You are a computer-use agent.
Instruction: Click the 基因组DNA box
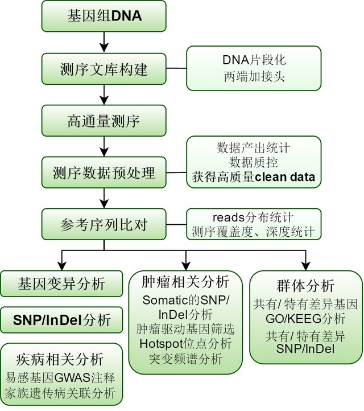[104, 17]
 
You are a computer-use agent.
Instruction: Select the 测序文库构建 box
[104, 69]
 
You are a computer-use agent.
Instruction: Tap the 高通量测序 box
[104, 120]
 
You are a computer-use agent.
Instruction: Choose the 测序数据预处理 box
[104, 171]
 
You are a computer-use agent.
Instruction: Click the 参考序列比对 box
[104, 224]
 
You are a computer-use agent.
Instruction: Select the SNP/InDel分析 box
[61, 319]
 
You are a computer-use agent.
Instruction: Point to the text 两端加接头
[253, 77]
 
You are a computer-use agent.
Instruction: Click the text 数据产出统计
[253, 148]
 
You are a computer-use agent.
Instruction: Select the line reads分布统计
[253, 217]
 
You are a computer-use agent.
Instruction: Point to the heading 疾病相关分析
[61, 359]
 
